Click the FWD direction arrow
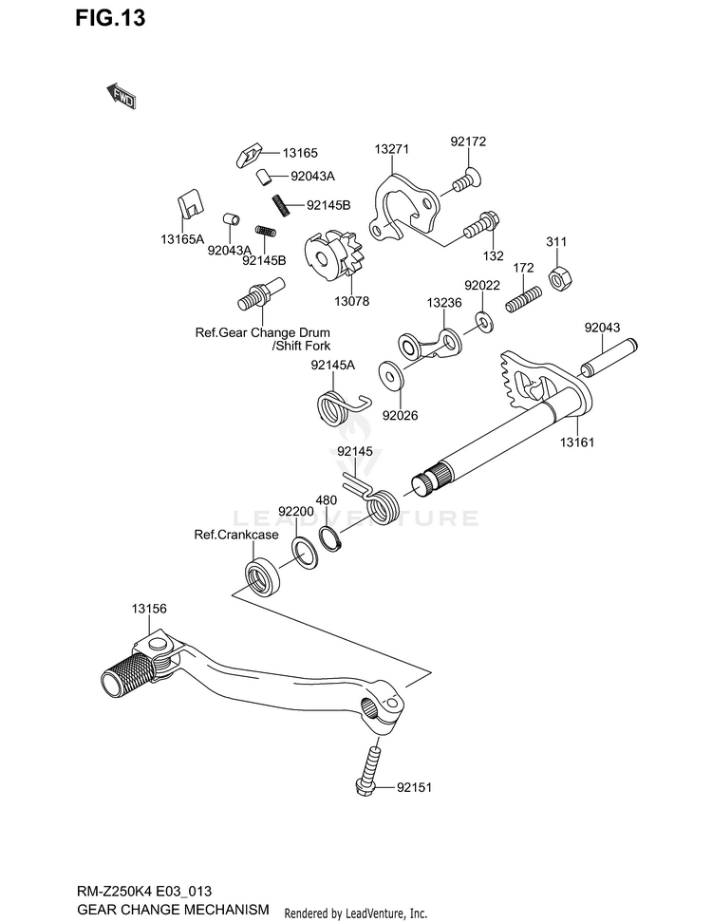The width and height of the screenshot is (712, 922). pyautogui.click(x=122, y=96)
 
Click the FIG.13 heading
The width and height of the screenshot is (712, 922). pyautogui.click(x=110, y=18)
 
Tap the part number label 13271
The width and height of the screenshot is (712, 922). pyautogui.click(x=391, y=149)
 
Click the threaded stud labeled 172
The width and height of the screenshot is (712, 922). pyautogui.click(x=523, y=299)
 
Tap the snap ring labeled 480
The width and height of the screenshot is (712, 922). pyautogui.click(x=330, y=539)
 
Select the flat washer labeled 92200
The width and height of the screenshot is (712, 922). pyautogui.click(x=305, y=553)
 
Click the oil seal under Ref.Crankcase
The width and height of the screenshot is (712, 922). pyautogui.click(x=262, y=578)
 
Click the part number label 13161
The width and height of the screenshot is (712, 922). pyautogui.click(x=577, y=442)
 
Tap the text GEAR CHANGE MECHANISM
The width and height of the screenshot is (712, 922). pyautogui.click(x=173, y=909)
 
